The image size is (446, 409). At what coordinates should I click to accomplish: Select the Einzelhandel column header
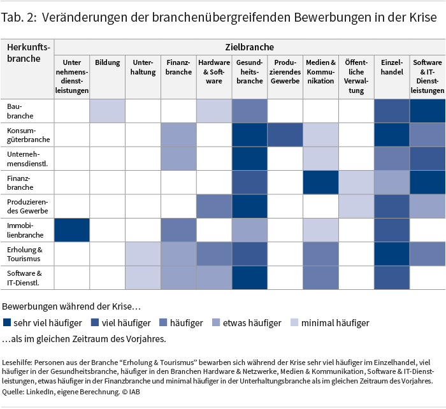[x=392, y=67]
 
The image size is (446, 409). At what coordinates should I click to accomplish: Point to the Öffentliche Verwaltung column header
[x=356, y=76]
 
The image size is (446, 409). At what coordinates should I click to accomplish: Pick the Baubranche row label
[x=20, y=111]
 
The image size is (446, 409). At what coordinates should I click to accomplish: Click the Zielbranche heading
[x=249, y=47]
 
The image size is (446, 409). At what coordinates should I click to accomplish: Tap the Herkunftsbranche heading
[x=27, y=53]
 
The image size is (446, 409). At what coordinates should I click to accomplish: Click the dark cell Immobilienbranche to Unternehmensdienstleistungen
[x=72, y=230]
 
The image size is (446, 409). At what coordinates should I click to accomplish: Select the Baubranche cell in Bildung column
[x=108, y=111]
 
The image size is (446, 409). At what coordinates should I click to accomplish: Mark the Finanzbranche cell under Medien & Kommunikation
[x=320, y=182]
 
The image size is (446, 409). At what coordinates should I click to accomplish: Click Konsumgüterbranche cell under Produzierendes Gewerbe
[x=285, y=135]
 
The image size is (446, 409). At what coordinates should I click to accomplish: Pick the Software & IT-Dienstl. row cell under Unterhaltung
[x=143, y=278]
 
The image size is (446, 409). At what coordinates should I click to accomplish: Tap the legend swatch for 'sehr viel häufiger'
[x=7, y=323]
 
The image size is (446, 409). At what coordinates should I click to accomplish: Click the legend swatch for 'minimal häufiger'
[x=294, y=323]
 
